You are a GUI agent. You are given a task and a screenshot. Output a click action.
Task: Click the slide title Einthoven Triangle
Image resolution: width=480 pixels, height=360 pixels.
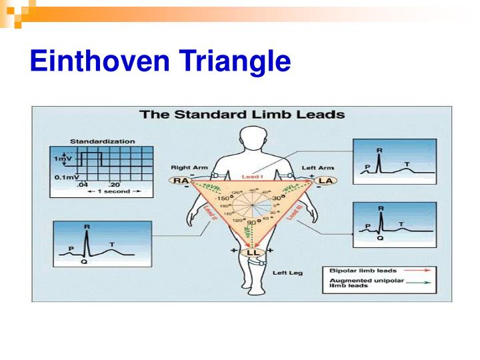(x=160, y=62)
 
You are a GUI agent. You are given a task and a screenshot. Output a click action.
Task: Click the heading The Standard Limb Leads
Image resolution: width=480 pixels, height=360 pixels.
(x=242, y=114)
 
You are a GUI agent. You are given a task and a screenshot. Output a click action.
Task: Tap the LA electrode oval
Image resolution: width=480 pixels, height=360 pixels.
(x=326, y=181)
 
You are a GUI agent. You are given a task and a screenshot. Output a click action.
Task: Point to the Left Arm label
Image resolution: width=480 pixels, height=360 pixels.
(x=318, y=167)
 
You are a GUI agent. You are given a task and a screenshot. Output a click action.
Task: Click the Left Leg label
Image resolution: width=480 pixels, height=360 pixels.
(x=289, y=273)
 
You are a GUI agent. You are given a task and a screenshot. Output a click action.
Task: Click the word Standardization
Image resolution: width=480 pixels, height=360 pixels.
(x=102, y=141)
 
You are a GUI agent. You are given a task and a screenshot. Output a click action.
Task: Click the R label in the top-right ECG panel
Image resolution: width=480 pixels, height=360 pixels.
(x=380, y=151)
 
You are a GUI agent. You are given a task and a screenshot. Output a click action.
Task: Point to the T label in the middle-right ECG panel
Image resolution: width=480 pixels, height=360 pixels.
(x=401, y=224)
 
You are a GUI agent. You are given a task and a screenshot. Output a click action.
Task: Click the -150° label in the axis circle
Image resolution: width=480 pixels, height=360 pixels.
(x=221, y=199)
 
